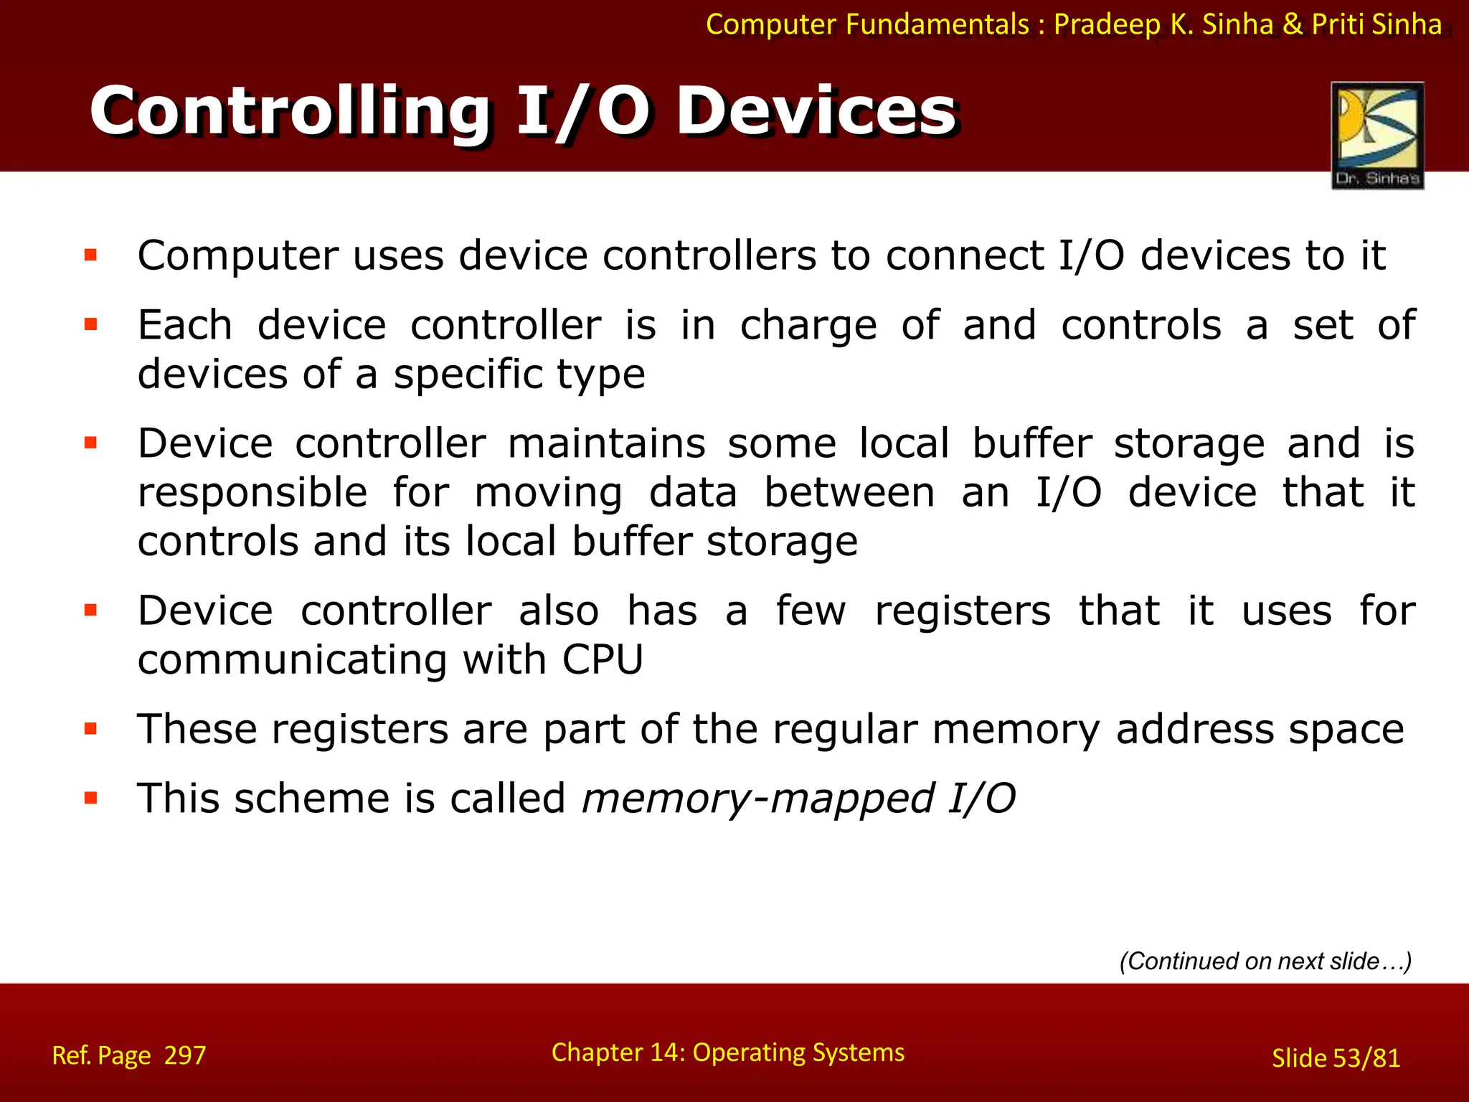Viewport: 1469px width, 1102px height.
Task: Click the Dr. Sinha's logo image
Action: (1377, 135)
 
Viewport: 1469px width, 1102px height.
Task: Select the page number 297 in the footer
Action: (185, 1055)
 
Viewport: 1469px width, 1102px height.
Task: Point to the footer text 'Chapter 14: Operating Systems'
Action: (727, 1052)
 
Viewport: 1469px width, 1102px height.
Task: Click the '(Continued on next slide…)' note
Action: (1265, 961)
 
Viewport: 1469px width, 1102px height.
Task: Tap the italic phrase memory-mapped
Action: (757, 799)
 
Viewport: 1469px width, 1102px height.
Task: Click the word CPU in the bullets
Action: (603, 659)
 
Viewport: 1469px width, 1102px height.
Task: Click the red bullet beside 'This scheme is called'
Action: (90, 798)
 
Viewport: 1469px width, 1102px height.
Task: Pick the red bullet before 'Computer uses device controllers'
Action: (90, 255)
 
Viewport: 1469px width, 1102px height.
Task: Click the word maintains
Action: (607, 443)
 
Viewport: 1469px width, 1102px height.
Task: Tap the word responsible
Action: (252, 494)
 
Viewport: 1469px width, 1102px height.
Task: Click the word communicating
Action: (292, 661)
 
